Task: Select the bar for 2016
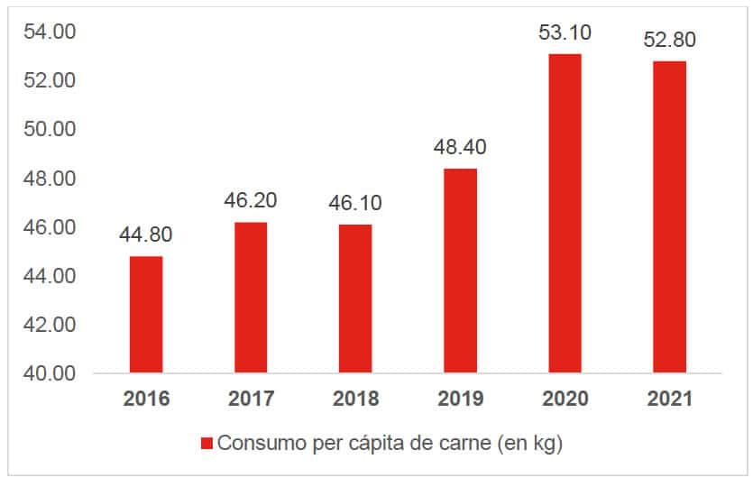(x=146, y=315)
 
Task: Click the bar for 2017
(x=251, y=298)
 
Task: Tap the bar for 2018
(x=355, y=299)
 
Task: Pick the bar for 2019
(x=460, y=271)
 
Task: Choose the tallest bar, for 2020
(x=565, y=213)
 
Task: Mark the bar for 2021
(x=669, y=216)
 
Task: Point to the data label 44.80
(x=146, y=235)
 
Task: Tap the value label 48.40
(x=460, y=147)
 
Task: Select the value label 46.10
(x=355, y=203)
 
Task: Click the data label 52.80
(x=669, y=41)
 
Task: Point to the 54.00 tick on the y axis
(x=51, y=32)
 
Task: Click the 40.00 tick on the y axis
(x=51, y=373)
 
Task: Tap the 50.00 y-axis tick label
(x=51, y=130)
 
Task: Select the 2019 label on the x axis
(x=460, y=399)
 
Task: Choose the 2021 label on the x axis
(x=669, y=399)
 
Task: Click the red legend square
(x=206, y=444)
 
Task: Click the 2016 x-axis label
(x=146, y=399)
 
